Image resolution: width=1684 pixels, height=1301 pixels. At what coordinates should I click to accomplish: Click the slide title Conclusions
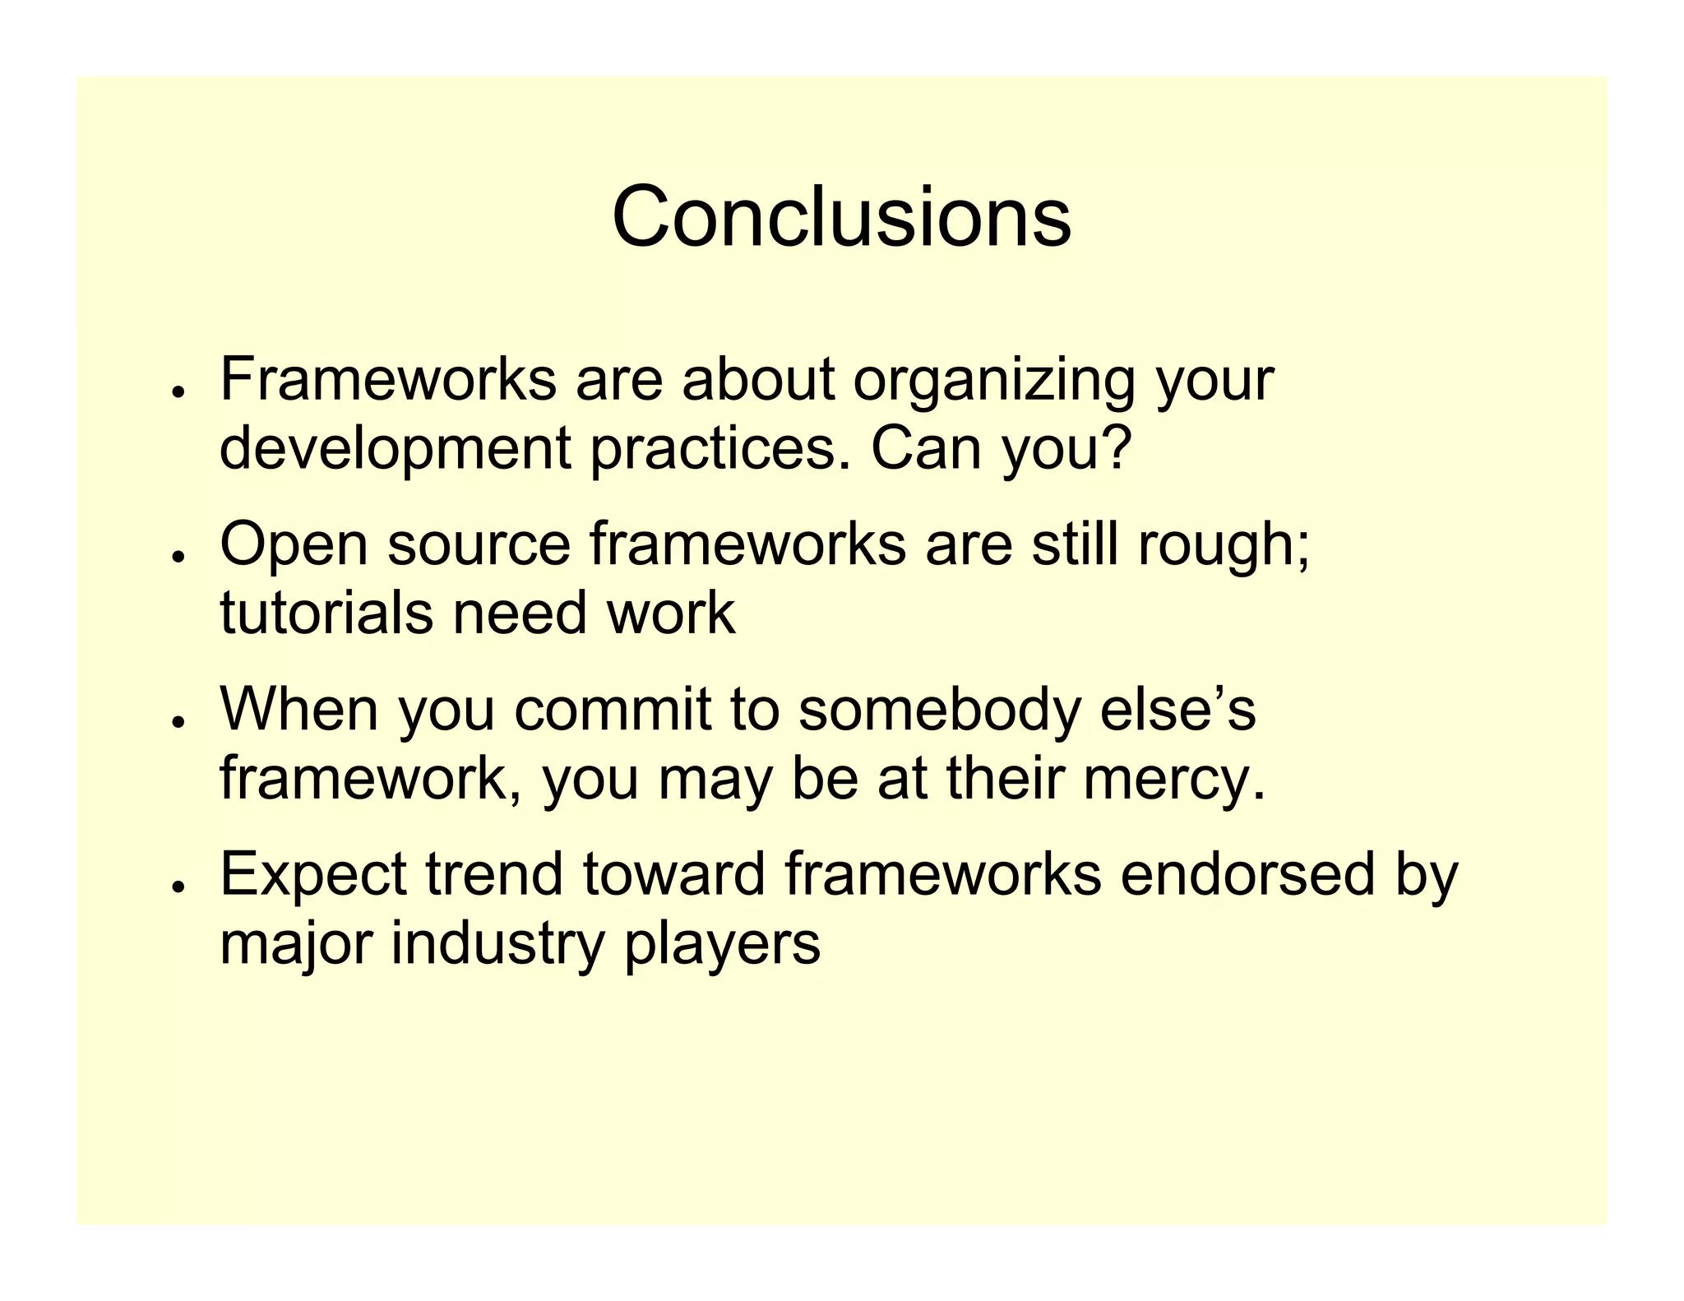[x=841, y=217]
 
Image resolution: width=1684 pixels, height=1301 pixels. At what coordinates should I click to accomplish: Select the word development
[x=395, y=451]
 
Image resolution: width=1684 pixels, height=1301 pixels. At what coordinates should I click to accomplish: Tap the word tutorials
[x=326, y=613]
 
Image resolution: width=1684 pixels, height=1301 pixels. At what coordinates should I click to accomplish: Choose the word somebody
[x=938, y=711]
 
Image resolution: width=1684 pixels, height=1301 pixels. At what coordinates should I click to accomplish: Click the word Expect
[x=312, y=875]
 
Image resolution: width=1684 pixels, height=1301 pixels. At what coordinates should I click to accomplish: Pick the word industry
[x=497, y=944]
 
